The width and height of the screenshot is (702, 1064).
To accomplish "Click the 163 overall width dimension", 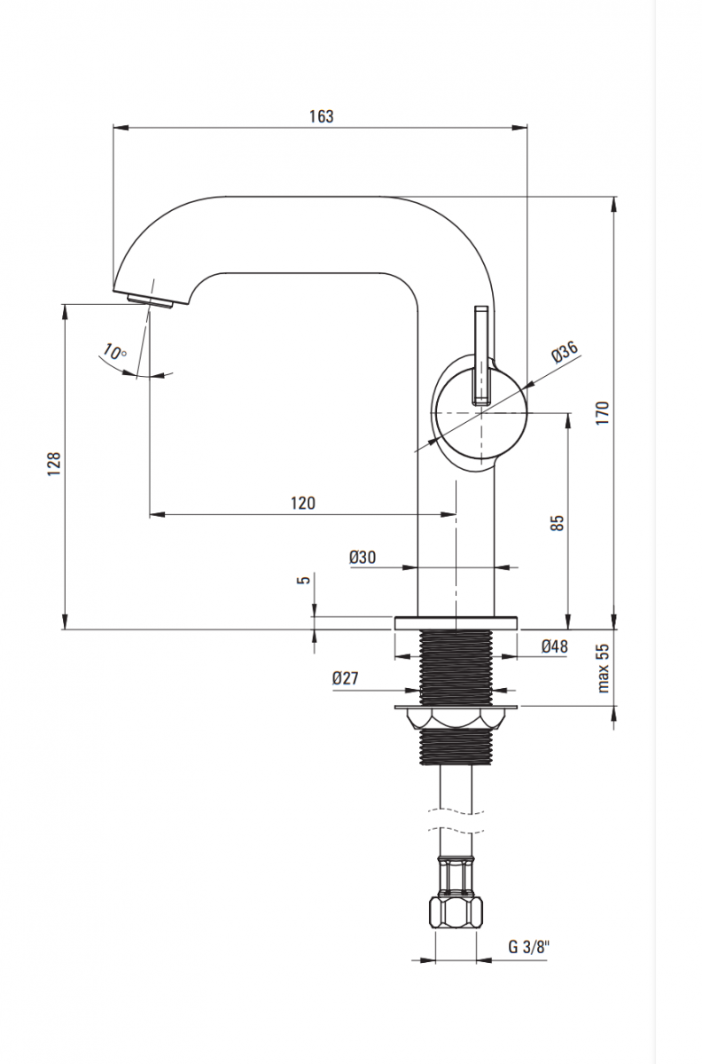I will coord(322,116).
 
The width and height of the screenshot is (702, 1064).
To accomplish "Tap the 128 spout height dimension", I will coord(54,464).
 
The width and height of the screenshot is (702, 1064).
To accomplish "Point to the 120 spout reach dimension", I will coord(302,503).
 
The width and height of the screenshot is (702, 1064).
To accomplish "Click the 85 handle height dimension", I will coord(557,521).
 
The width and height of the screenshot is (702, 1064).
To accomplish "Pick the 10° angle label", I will coord(115,352).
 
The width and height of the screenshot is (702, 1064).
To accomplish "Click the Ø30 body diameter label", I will coord(363,557).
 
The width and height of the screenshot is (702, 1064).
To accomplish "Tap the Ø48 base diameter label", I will coord(554,646).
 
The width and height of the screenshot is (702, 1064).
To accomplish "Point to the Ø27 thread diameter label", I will coord(346,678).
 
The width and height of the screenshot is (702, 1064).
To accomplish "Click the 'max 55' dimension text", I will coord(603,668).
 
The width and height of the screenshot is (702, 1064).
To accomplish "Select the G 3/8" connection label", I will coord(528,946).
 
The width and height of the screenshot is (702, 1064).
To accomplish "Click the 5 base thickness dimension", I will coord(304,581).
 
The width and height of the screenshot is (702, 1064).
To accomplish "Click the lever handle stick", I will coord(481,355).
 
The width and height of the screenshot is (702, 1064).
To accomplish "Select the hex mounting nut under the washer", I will coord(455,719).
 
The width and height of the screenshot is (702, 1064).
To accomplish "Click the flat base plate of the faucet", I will coord(455,622).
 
